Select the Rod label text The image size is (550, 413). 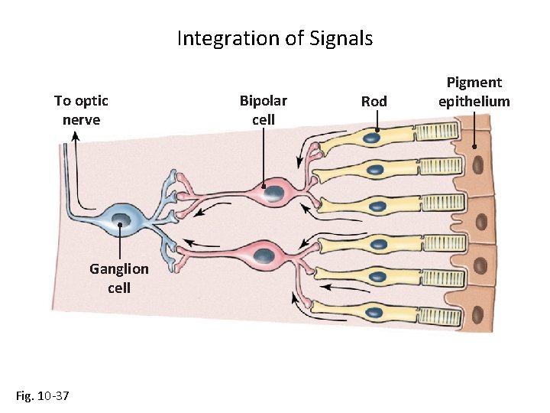(374, 101)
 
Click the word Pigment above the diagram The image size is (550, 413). (474, 83)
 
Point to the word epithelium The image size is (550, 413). (474, 101)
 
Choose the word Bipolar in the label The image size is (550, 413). (264, 101)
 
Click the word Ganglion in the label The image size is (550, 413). (119, 269)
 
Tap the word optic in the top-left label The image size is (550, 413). (92, 101)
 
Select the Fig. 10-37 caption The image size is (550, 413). (43, 395)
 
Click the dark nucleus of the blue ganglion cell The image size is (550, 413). (121, 221)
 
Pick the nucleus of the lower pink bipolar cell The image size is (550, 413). (264, 255)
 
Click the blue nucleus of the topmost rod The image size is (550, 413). (374, 139)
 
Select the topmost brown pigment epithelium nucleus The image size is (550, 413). (478, 165)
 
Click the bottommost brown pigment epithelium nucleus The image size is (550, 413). (479, 314)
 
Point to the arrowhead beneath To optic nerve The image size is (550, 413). (76, 136)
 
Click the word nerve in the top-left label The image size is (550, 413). (81, 119)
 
